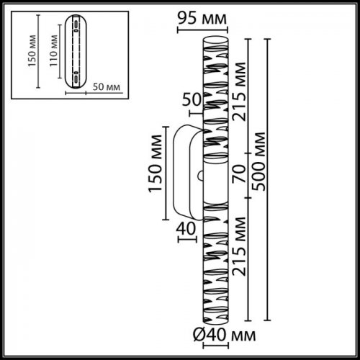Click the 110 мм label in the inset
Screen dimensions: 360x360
[x=54, y=51]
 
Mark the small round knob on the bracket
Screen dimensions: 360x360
[x=200, y=173]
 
